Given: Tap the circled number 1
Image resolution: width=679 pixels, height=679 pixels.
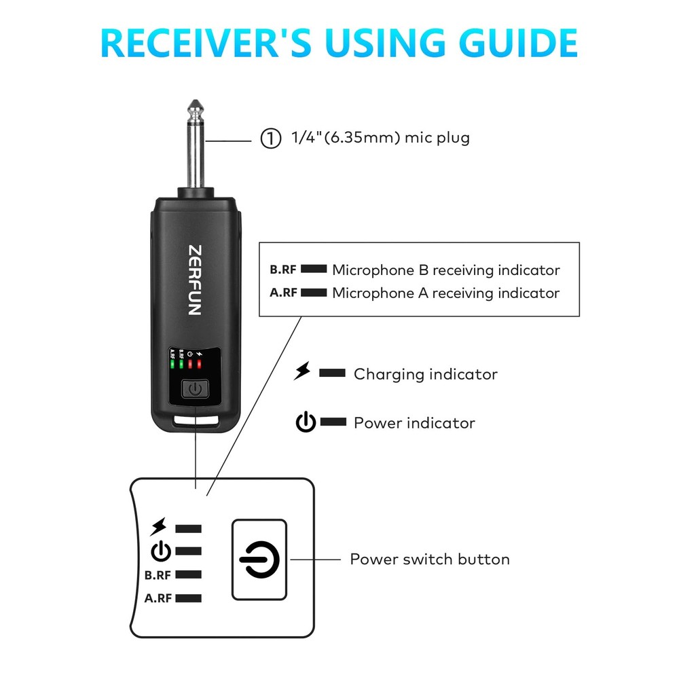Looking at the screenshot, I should (271, 139).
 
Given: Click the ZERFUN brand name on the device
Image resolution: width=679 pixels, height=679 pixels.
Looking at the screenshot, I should (194, 279).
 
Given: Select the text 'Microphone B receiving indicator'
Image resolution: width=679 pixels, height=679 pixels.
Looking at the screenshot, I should (445, 270).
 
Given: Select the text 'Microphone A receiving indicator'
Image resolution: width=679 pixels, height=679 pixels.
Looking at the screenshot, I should (445, 293).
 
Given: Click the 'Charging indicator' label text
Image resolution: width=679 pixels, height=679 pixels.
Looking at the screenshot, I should (425, 374).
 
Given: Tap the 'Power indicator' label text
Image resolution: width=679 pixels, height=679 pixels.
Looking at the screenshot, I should (414, 423).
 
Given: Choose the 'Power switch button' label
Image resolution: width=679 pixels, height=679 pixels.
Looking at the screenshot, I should (429, 559).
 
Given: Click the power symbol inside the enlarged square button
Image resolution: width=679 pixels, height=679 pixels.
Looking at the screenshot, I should (259, 560).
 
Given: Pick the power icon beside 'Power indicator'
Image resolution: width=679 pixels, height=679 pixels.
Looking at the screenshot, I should (306, 422).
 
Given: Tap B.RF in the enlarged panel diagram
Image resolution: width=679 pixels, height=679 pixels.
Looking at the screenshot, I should (158, 574).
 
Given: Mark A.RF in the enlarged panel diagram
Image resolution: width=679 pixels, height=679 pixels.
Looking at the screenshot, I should (158, 598).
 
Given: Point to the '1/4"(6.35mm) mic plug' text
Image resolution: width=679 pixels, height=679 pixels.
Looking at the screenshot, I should (380, 139).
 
